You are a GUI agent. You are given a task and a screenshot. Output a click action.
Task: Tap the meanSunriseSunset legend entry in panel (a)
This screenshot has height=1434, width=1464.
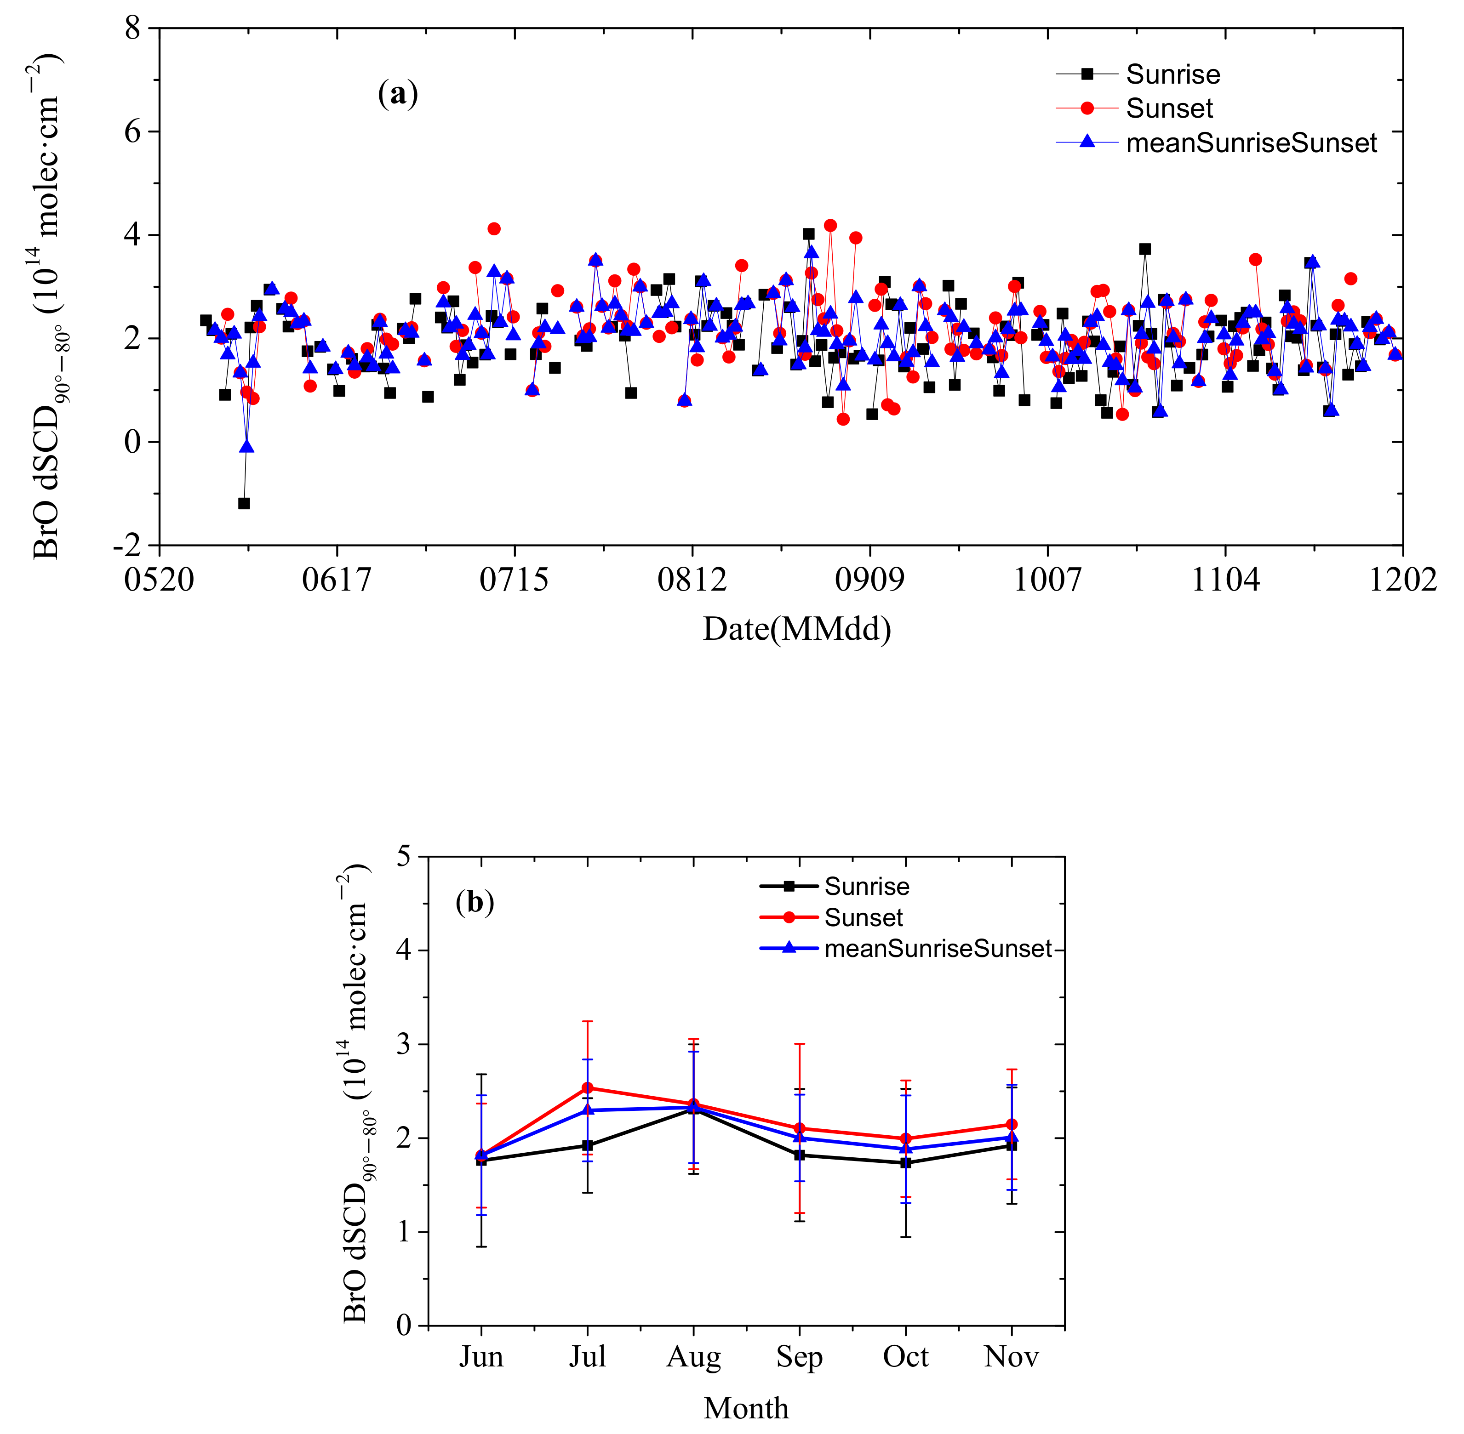[x=1251, y=143]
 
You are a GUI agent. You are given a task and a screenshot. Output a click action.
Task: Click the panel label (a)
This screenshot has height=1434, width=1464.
[x=397, y=94]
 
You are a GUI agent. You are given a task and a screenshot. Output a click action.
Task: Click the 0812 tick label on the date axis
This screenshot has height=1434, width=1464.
[x=692, y=580]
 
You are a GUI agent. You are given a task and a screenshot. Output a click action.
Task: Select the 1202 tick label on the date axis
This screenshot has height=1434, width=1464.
[x=1402, y=580]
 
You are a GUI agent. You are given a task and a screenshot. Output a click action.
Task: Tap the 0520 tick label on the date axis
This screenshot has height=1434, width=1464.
[x=159, y=580]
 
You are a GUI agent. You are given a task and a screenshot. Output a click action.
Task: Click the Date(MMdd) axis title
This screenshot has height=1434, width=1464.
[x=796, y=629]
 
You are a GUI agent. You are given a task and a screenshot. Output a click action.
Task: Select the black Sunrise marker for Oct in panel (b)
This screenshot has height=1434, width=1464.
[x=906, y=1163]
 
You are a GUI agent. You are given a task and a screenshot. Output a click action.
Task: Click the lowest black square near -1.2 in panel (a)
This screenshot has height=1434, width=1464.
[x=243, y=503]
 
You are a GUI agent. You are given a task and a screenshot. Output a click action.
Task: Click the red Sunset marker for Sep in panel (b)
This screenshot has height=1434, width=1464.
[x=800, y=1128]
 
